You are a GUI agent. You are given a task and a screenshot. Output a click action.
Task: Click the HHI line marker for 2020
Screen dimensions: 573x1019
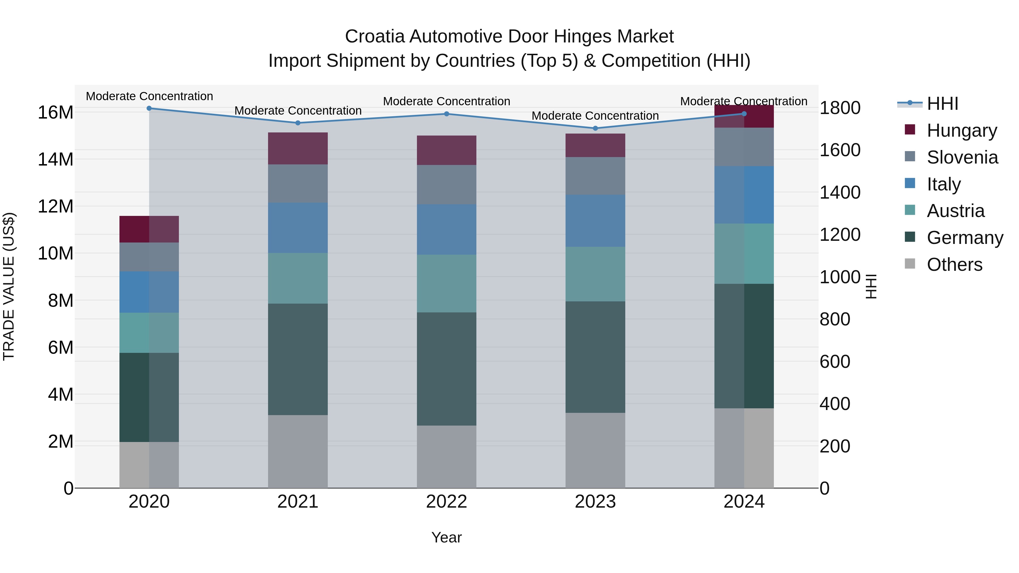[149, 108]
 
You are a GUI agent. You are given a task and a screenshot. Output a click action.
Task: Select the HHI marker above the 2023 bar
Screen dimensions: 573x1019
[595, 128]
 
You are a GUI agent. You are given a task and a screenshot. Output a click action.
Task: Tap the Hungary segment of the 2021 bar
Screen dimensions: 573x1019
[298, 148]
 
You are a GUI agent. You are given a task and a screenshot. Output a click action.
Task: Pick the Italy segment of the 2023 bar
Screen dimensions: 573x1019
[595, 221]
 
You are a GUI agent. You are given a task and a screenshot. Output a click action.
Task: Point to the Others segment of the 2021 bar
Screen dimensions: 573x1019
[298, 451]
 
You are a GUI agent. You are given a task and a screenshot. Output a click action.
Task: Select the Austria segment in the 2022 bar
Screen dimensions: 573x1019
[447, 283]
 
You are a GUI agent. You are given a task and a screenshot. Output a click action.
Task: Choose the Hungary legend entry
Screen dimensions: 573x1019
[961, 130]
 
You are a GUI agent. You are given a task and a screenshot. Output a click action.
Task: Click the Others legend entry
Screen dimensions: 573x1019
[954, 265]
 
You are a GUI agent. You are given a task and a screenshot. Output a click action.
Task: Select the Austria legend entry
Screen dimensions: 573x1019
[955, 211]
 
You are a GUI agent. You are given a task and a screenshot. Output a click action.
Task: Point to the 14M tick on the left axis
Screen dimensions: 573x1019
[55, 159]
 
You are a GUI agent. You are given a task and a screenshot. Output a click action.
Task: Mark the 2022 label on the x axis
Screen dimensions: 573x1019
[447, 502]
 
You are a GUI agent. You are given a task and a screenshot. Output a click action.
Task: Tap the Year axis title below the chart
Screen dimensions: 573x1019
[447, 537]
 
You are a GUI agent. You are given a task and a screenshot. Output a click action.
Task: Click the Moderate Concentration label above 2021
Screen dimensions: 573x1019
[298, 111]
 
